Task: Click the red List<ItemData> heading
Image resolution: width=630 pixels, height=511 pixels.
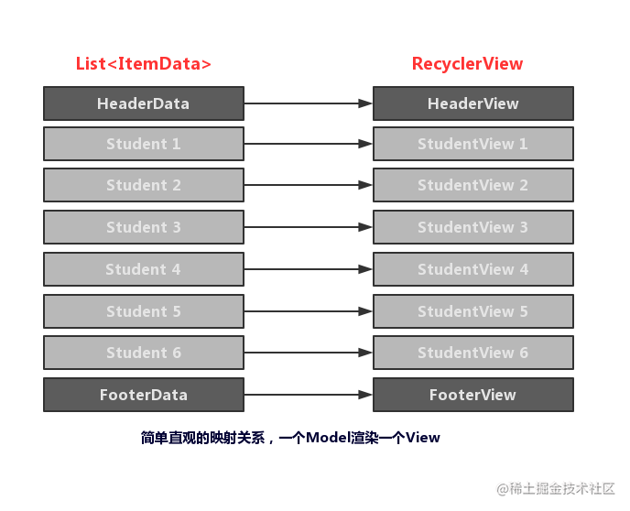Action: tap(144, 63)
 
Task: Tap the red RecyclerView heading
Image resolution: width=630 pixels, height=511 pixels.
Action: tap(467, 64)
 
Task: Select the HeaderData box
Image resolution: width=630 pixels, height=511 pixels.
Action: tap(144, 103)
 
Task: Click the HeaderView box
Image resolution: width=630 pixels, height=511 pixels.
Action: tap(473, 103)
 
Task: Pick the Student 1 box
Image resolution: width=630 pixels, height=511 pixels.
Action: tap(144, 144)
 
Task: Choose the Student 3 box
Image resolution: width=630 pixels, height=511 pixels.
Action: tap(144, 227)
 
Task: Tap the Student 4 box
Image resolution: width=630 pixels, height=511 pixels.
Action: tap(144, 269)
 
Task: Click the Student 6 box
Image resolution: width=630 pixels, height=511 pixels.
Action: tap(144, 353)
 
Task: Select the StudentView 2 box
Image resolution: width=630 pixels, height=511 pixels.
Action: tap(473, 185)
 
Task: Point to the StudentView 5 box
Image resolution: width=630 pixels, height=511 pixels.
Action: tap(473, 311)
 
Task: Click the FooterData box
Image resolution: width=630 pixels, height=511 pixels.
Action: tap(144, 395)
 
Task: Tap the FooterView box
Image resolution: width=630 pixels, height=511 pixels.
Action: tap(473, 395)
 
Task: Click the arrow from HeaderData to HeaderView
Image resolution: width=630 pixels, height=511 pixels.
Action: tap(309, 103)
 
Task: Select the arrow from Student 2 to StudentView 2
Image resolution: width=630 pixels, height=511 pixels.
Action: tap(309, 185)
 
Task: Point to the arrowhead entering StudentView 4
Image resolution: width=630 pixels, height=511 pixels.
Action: tap(365, 269)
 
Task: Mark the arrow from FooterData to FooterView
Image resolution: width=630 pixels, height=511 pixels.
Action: tap(309, 395)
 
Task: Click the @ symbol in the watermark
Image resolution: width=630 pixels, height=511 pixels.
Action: tap(503, 489)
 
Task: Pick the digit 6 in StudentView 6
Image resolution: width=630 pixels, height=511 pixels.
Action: tap(524, 353)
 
